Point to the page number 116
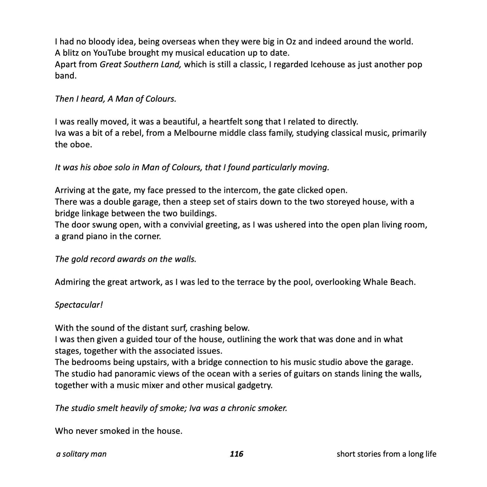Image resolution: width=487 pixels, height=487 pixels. point(236,454)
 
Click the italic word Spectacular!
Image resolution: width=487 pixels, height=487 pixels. point(79,305)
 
